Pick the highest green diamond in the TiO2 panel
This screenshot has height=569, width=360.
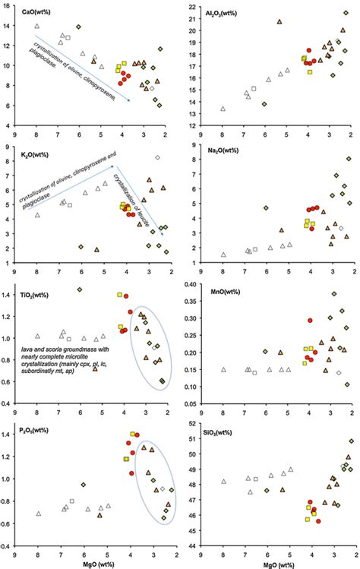(x=80, y=289)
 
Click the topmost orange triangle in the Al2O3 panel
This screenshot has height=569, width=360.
(x=279, y=22)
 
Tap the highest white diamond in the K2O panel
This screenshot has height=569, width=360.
(x=157, y=157)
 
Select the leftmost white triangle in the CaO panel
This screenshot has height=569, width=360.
(x=36, y=27)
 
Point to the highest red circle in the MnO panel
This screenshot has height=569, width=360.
(x=310, y=321)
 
